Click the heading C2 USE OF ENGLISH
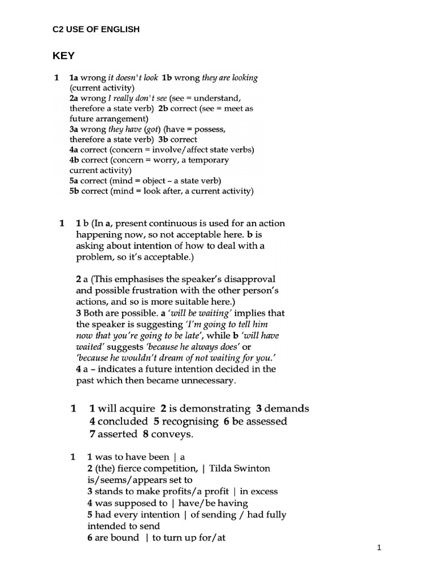pos(96,29)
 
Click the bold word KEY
pos(63,56)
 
